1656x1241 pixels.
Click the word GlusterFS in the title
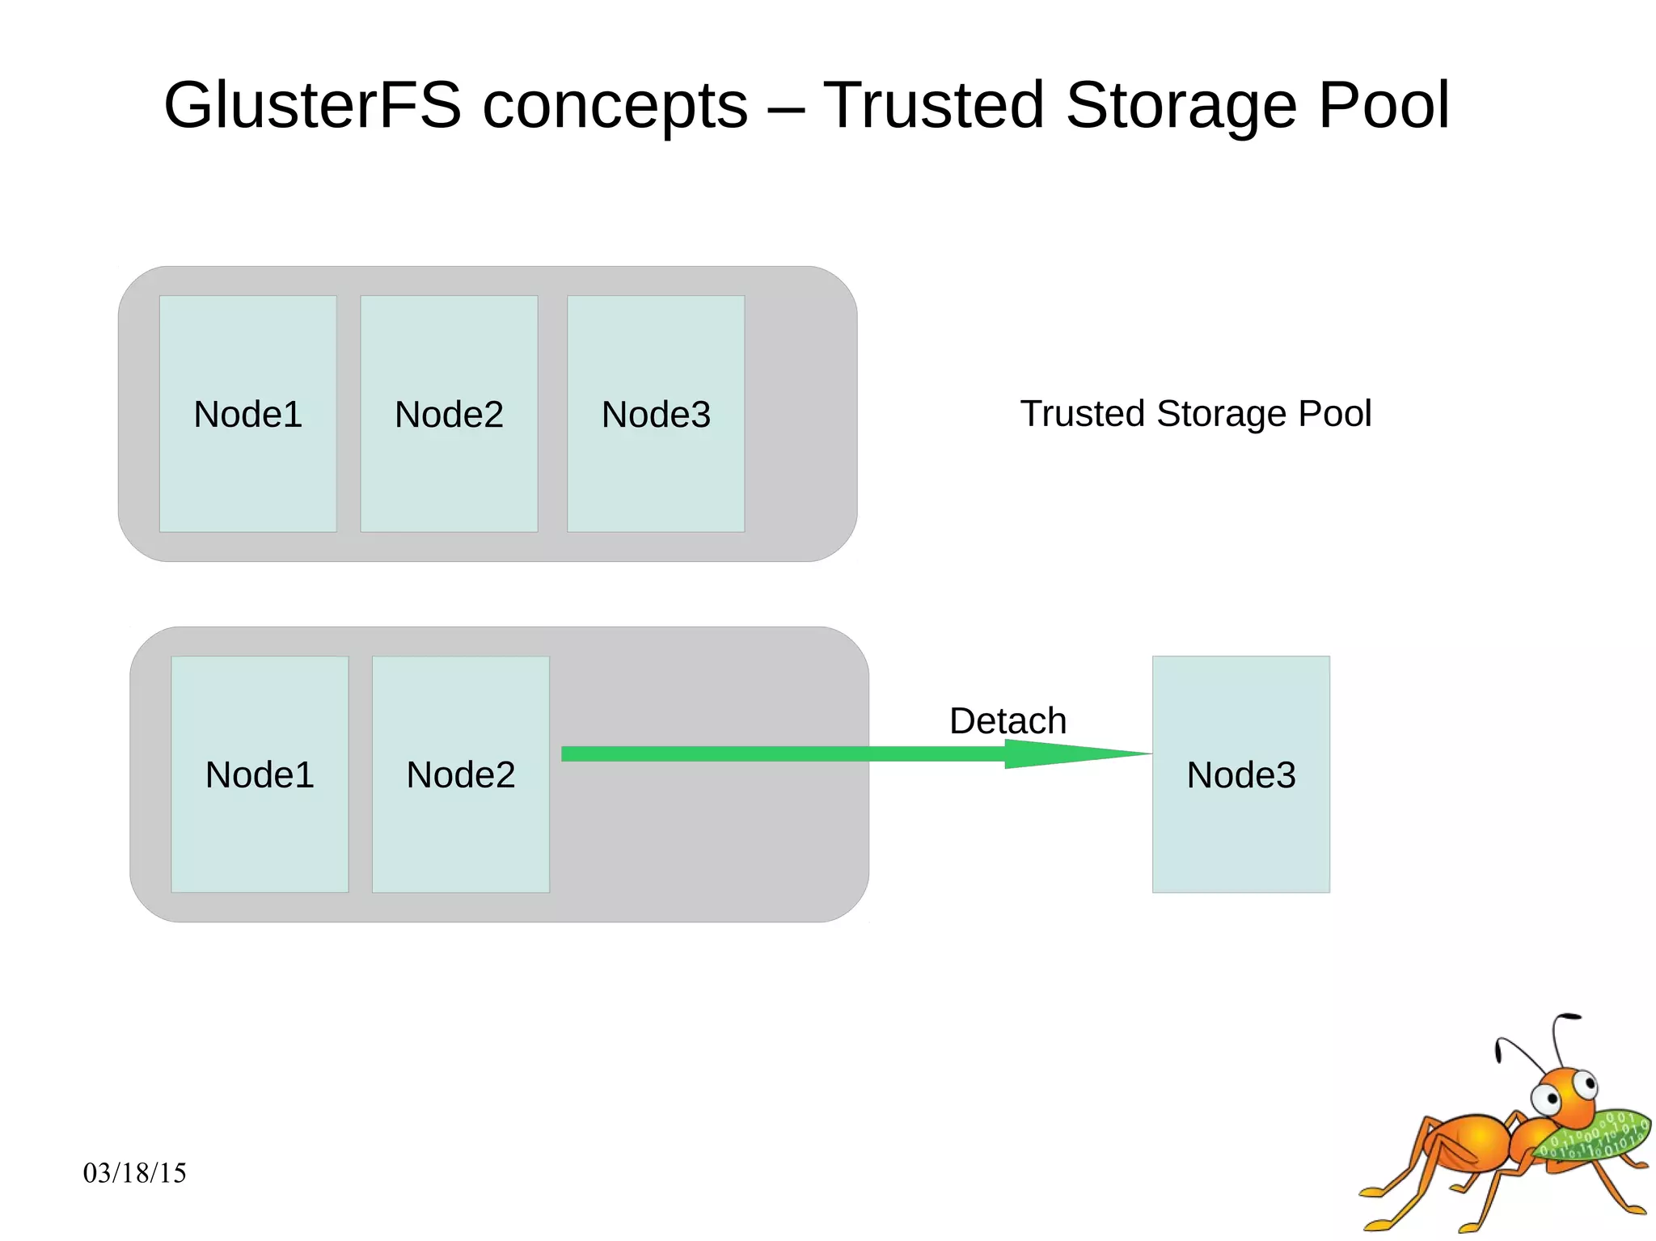pos(311,105)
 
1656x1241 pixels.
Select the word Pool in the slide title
pos(1384,105)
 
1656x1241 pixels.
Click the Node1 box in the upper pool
pos(247,413)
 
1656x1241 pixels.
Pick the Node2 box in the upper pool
pos(449,413)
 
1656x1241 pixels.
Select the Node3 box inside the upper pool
pos(656,413)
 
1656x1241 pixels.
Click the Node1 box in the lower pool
pos(260,774)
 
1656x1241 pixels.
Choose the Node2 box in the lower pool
pos(460,774)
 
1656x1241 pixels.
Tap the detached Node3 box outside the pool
pos(1240,774)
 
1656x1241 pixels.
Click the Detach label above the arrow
pos(1008,720)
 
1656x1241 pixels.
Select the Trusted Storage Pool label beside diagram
pos(1195,413)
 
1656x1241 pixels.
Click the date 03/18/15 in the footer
pos(134,1172)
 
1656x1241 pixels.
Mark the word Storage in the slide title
pos(1181,105)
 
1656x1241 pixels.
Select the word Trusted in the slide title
pos(934,105)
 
